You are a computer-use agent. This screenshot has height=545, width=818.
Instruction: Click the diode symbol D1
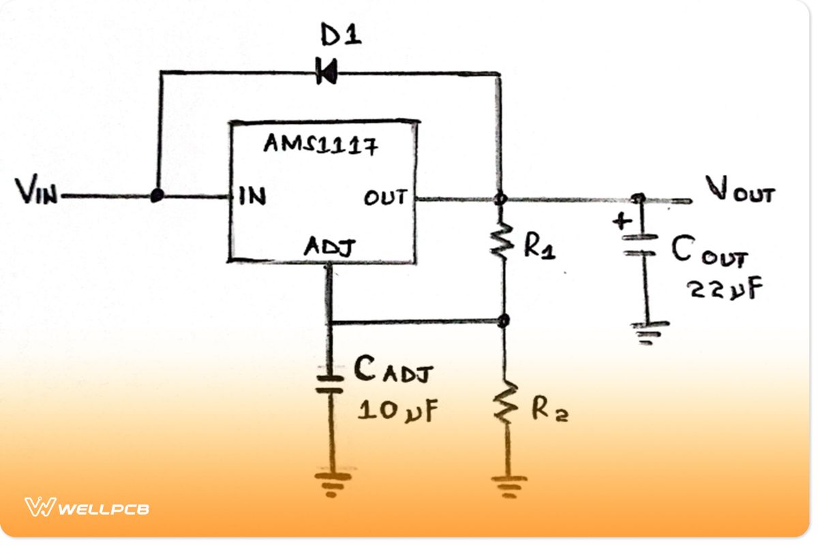pyautogui.click(x=327, y=71)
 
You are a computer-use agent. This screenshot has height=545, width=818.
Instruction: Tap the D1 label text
pyautogui.click(x=339, y=36)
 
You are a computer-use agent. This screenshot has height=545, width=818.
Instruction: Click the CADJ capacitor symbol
pyautogui.click(x=329, y=381)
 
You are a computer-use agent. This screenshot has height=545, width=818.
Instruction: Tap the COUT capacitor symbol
pyautogui.click(x=640, y=244)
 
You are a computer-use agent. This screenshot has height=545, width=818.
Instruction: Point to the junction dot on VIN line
pyautogui.click(x=157, y=196)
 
